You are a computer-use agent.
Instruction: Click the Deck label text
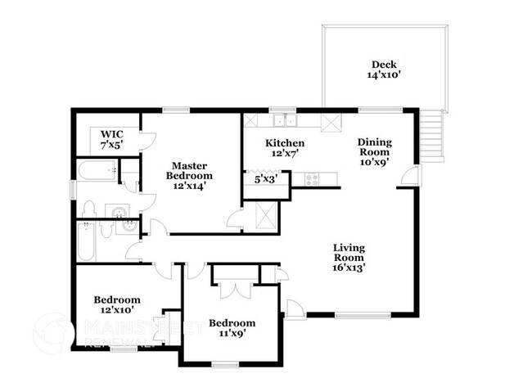point(384,65)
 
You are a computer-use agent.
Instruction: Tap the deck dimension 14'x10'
point(384,75)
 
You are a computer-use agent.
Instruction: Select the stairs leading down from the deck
point(433,136)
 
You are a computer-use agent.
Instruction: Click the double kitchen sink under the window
point(283,121)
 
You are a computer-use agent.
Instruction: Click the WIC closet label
point(112,133)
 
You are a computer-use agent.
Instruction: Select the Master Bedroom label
point(189,170)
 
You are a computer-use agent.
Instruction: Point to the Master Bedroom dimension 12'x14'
point(189,186)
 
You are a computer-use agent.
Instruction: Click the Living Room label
point(349,253)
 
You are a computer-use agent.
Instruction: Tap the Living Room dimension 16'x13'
point(349,265)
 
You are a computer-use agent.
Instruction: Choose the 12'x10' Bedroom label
point(116,305)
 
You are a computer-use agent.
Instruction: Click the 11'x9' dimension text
point(231,333)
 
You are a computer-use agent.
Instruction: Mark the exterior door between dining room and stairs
point(414,175)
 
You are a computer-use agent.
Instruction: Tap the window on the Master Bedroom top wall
point(176,110)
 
